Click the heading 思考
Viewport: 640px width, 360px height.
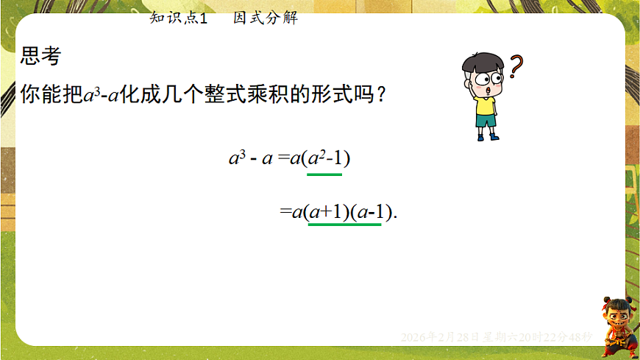[41, 57]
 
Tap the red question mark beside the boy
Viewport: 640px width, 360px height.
[516, 67]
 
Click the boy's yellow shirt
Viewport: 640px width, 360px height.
[486, 106]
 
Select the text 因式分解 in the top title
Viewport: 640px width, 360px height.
[266, 18]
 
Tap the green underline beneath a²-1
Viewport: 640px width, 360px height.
[324, 174]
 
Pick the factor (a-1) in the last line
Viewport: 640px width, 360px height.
[369, 212]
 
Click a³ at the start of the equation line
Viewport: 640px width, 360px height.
[236, 159]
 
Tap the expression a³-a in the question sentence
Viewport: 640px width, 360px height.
[102, 95]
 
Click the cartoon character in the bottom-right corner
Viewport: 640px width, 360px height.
[616, 325]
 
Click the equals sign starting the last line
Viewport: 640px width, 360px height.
[285, 212]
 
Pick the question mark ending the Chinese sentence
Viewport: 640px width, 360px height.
[380, 95]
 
